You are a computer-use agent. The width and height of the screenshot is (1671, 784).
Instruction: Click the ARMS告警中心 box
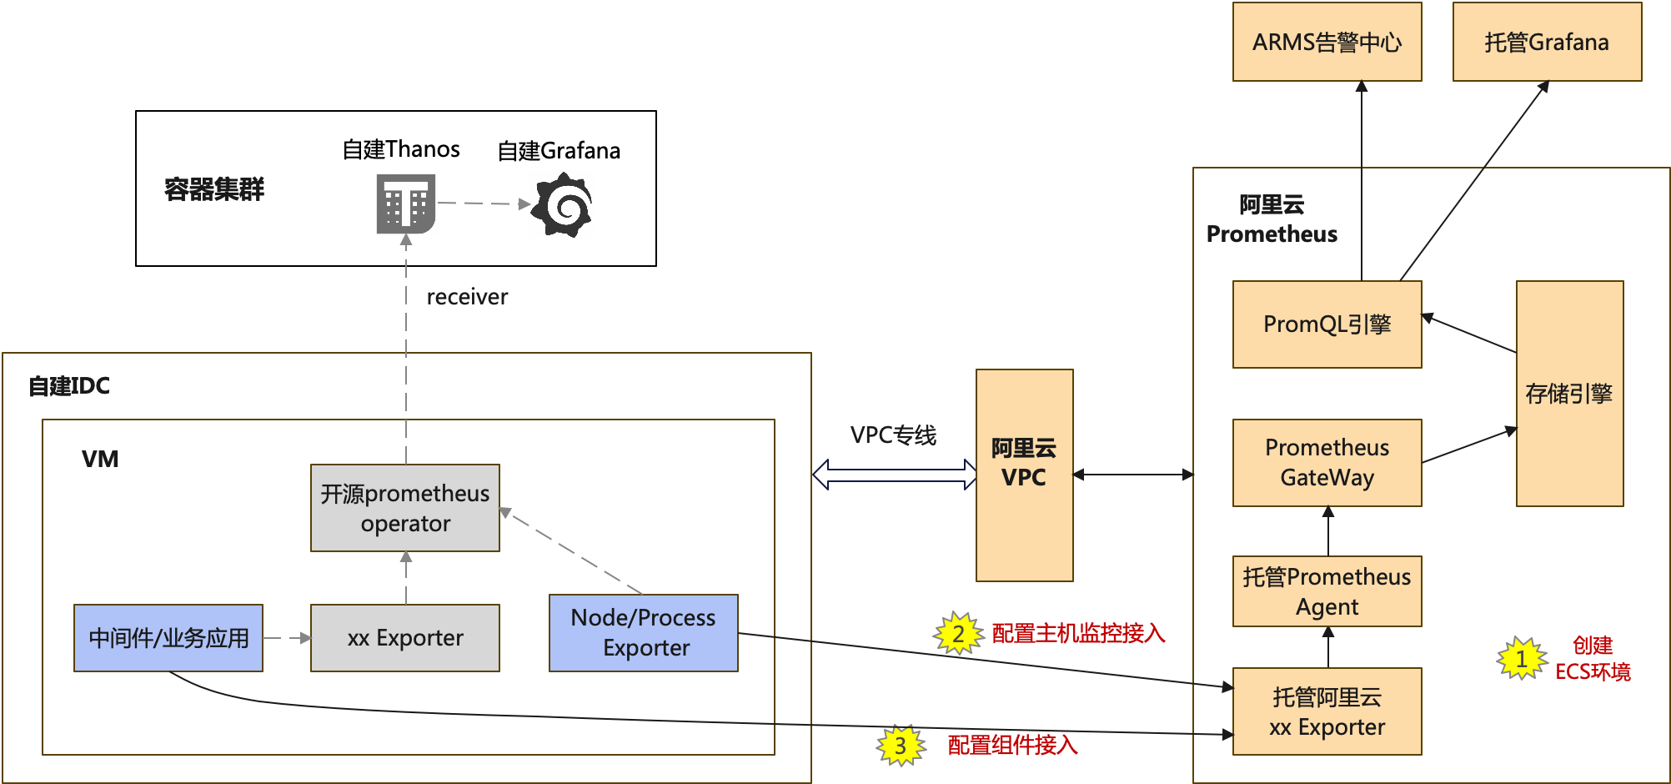(1327, 42)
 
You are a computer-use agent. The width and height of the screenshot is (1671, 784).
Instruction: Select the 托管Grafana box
(1547, 42)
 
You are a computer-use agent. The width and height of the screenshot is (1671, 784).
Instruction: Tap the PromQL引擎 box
(1327, 324)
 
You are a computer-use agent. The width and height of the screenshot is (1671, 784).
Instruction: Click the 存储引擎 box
(1569, 394)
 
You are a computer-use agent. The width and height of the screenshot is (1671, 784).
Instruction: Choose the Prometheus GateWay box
(1327, 463)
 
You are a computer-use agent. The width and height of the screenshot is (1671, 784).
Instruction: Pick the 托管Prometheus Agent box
(1327, 591)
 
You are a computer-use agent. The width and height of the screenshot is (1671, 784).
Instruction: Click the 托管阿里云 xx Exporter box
(1327, 711)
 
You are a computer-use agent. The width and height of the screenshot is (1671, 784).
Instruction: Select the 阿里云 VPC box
(1024, 475)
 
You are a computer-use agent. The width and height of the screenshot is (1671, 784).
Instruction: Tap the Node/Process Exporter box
(643, 633)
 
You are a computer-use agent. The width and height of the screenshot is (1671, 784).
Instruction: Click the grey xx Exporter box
(404, 638)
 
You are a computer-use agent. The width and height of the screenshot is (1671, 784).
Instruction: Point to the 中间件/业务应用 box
(168, 638)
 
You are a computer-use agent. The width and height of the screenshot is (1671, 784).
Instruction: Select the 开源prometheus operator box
(404, 508)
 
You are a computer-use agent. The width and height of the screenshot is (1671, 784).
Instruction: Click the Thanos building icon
(406, 204)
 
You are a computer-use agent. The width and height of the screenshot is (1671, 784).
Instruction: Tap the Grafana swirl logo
(563, 205)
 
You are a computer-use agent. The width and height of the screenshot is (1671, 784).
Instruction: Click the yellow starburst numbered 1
(1522, 659)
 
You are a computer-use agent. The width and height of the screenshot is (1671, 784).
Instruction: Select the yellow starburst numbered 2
(959, 633)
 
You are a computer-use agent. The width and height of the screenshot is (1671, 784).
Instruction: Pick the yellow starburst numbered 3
(901, 745)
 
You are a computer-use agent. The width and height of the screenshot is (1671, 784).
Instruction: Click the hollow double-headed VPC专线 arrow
(894, 475)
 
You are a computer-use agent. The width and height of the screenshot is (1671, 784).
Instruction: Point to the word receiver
(467, 297)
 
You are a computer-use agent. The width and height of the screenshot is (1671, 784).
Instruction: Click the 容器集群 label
(214, 189)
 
